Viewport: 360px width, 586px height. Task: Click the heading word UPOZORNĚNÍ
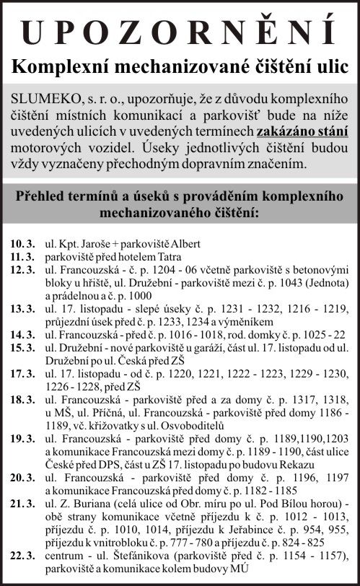[180, 32]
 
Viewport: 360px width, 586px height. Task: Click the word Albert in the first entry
[185, 242]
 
